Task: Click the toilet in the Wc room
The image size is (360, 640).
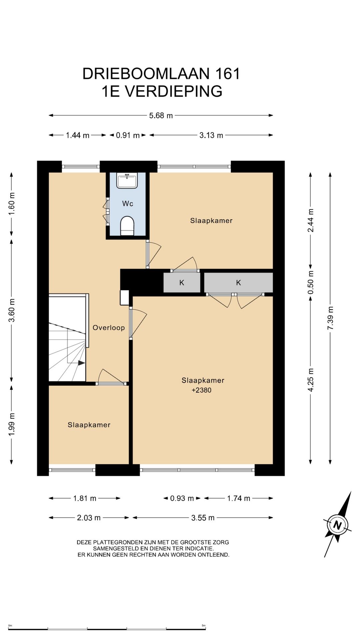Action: tap(127, 226)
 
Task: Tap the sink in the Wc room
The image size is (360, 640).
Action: tap(127, 180)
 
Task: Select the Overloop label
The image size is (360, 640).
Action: tap(109, 328)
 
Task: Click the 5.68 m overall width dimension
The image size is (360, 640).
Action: tap(161, 116)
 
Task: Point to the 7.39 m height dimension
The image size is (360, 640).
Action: tap(330, 318)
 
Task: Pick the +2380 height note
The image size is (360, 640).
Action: tap(201, 390)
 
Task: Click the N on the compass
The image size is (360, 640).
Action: tap(337, 525)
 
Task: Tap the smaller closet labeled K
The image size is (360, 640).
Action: tap(182, 283)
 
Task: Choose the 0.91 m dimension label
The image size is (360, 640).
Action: tap(128, 135)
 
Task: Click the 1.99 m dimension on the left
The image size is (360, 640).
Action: tap(12, 424)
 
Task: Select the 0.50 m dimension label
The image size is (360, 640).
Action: tap(311, 282)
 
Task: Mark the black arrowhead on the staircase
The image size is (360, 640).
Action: tap(81, 363)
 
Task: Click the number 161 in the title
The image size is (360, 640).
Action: tap(228, 74)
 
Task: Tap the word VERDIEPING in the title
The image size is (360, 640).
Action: tap(173, 91)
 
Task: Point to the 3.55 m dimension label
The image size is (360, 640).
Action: tap(203, 518)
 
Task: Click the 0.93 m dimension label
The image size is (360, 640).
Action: tap(182, 498)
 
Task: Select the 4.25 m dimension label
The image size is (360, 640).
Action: tap(311, 380)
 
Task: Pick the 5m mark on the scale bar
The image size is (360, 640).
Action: tap(204, 626)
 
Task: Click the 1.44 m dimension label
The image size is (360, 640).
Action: tap(78, 135)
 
